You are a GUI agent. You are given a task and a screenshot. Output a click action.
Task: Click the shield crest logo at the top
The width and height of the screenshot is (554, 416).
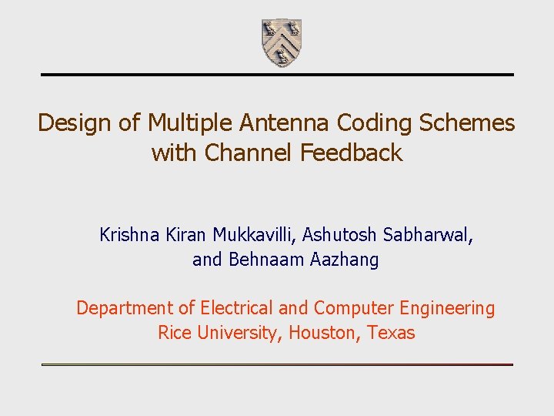[x=281, y=42]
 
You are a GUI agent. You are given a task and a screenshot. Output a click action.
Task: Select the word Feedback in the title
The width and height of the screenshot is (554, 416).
[x=352, y=153]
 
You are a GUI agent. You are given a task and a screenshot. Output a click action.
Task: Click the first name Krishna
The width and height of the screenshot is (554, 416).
[x=129, y=235]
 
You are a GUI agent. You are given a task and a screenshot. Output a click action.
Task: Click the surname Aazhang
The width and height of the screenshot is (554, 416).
[x=345, y=260]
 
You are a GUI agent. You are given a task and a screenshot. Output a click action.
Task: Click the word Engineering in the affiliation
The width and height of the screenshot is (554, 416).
[x=447, y=309]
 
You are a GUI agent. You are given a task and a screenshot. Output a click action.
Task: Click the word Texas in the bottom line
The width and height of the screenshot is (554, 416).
[x=392, y=333]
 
